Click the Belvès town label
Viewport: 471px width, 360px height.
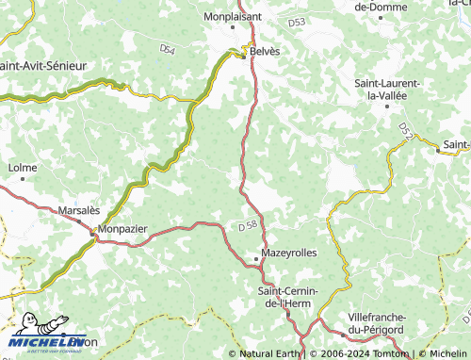[x=264, y=53]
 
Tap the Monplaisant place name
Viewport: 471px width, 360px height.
[x=232, y=17]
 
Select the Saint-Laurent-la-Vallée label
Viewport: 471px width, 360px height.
[x=387, y=90]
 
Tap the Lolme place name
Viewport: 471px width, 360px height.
[x=22, y=168]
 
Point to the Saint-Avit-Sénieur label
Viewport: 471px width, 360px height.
[x=44, y=67]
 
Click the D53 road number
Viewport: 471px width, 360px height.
[x=297, y=21]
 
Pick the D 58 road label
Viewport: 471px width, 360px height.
[x=248, y=226]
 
